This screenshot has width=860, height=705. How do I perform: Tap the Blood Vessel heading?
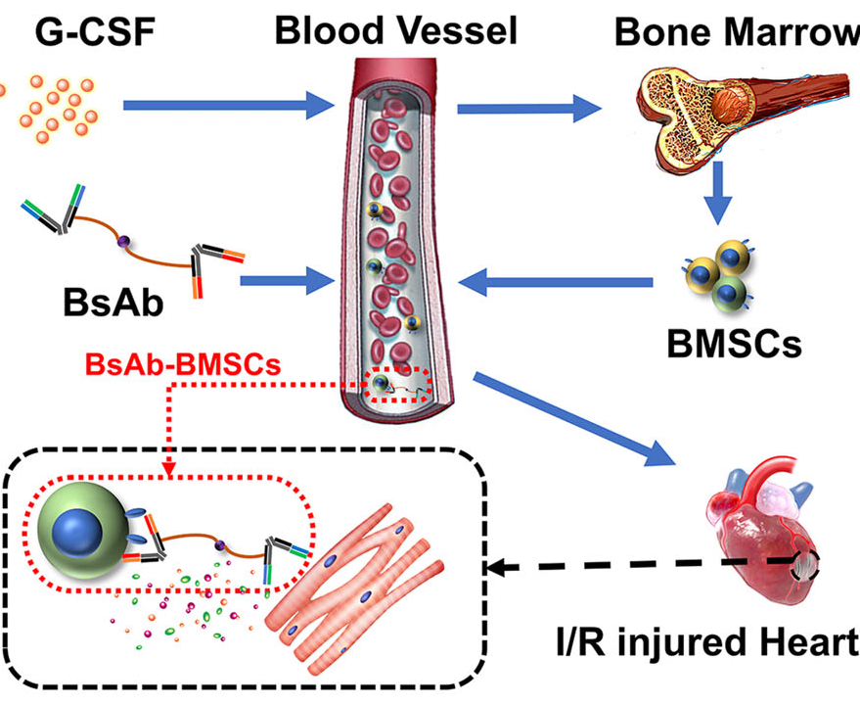[395, 29]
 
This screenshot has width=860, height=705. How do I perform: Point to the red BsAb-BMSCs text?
[188, 364]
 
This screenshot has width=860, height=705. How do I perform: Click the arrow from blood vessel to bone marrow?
[527, 106]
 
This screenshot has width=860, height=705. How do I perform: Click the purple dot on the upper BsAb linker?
[124, 241]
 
